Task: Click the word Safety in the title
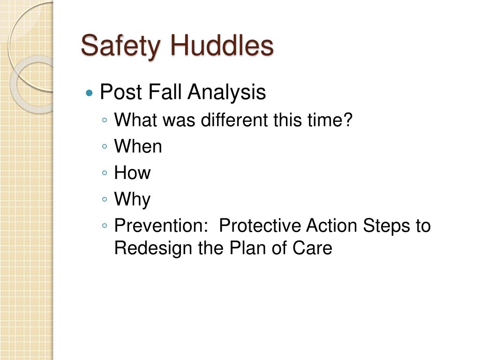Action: tap(120, 46)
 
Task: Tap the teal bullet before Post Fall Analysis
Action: tap(90, 93)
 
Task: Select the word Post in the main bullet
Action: tap(121, 92)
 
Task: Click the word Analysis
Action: tap(226, 92)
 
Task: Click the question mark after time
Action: tap(348, 120)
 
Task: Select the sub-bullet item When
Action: tap(138, 146)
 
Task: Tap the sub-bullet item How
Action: tap(132, 172)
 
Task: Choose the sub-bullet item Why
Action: tap(132, 200)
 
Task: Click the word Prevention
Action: tap(159, 225)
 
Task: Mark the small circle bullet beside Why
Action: tap(105, 200)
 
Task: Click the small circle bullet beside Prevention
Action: tap(105, 226)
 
